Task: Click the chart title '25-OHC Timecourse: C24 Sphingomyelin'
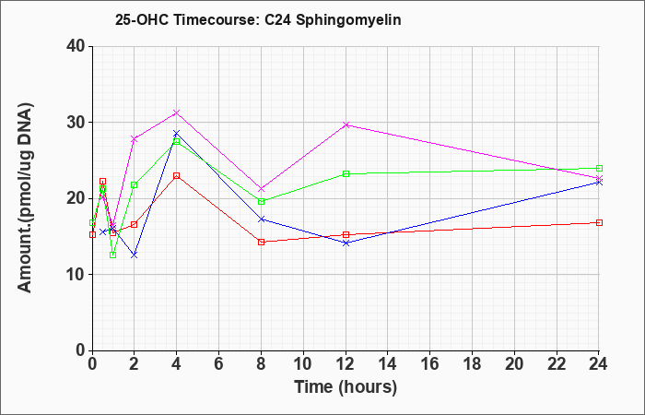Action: coord(258,19)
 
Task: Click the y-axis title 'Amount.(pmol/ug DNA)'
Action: coord(25,197)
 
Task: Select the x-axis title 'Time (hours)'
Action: coord(346,387)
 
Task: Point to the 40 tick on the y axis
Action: coord(78,46)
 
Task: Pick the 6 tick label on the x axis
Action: coord(219,364)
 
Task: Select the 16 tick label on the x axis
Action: coord(430,364)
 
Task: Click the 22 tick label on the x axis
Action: coord(557,364)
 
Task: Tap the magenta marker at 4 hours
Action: coord(177,113)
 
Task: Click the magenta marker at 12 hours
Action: coord(346,125)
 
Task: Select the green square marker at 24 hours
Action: coord(599,168)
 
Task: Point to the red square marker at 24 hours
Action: coord(599,223)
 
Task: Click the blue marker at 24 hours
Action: coord(599,183)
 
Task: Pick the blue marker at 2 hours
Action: coord(135,255)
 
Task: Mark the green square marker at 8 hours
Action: coord(261,201)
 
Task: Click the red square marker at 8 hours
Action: coord(261,242)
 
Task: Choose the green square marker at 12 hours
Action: coord(346,173)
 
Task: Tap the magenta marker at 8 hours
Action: coord(261,189)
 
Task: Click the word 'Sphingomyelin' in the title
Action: coord(348,20)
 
